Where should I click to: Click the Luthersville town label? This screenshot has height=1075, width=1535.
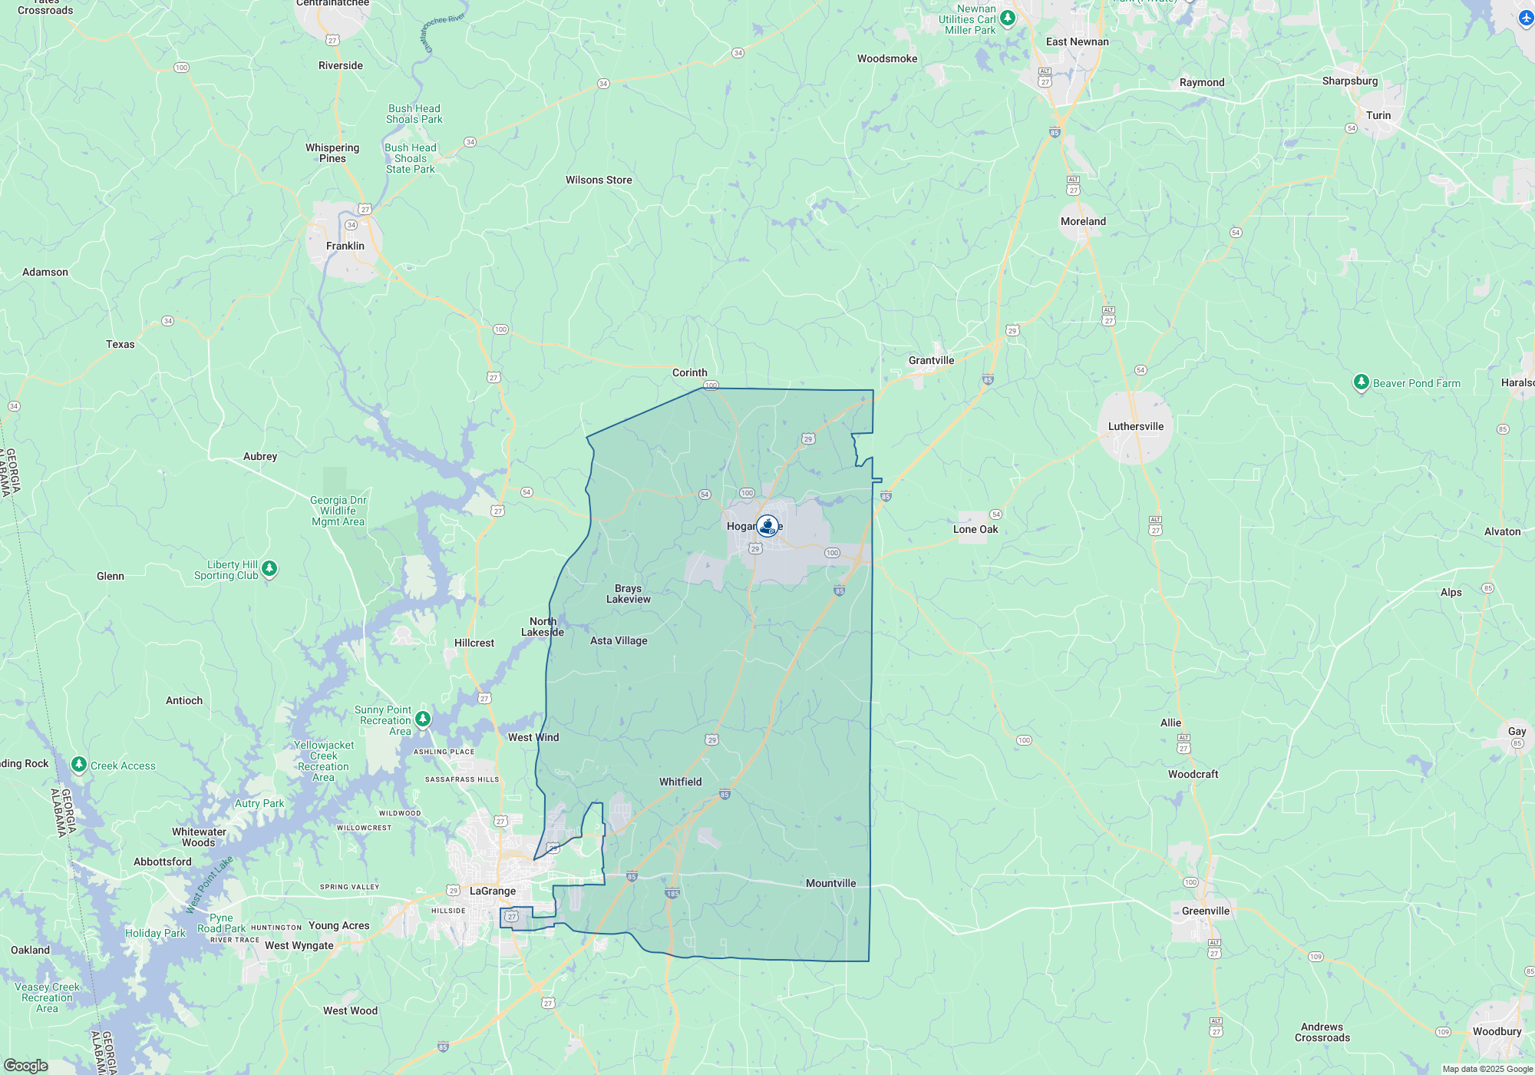pyautogui.click(x=1135, y=426)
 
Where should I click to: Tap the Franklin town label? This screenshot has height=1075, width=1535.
pyautogui.click(x=345, y=246)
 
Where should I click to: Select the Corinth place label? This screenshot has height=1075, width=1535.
pyautogui.click(x=689, y=372)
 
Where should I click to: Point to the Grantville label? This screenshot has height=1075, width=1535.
pyautogui.click(x=931, y=360)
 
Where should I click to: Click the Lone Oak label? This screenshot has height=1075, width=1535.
pyautogui.click(x=975, y=529)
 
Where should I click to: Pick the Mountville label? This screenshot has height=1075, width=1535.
pyautogui.click(x=830, y=883)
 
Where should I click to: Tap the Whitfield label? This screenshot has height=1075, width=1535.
pyautogui.click(x=680, y=782)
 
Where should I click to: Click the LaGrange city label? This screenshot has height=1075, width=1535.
pyautogui.click(x=493, y=891)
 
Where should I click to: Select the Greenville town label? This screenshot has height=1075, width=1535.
pyautogui.click(x=1205, y=911)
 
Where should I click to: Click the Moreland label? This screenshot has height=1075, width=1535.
pyautogui.click(x=1083, y=221)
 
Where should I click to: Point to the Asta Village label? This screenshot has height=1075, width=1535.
pyautogui.click(x=619, y=640)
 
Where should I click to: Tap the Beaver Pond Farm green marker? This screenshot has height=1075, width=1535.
pyautogui.click(x=1361, y=382)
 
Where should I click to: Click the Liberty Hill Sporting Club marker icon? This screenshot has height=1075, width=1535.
pyautogui.click(x=269, y=568)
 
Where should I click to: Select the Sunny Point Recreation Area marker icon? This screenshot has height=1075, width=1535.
pyautogui.click(x=422, y=719)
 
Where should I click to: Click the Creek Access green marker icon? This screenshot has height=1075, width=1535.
pyautogui.click(x=78, y=765)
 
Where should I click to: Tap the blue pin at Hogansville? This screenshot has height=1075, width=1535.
pyautogui.click(x=767, y=526)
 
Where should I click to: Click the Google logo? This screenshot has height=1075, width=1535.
pyautogui.click(x=26, y=1065)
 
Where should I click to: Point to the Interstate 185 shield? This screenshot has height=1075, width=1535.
pyautogui.click(x=672, y=893)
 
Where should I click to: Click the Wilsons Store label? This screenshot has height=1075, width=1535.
pyautogui.click(x=599, y=180)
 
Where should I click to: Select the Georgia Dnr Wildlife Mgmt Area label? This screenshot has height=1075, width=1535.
pyautogui.click(x=338, y=511)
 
